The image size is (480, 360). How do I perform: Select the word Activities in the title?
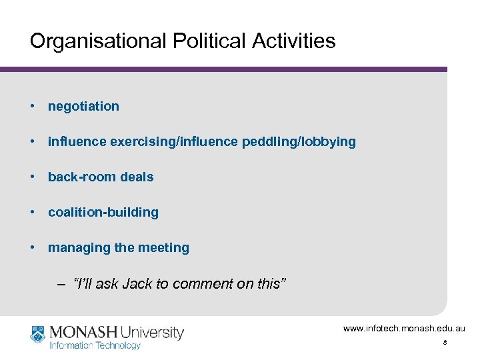pyautogui.click(x=294, y=41)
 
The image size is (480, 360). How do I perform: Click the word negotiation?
pyautogui.click(x=83, y=106)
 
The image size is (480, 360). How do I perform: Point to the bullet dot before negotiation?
pyautogui.click(x=32, y=106)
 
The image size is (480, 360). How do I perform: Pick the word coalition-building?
pyautogui.click(x=103, y=212)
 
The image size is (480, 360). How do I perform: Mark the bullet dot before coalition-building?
pyautogui.click(x=32, y=212)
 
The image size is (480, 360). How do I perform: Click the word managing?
pyautogui.click(x=71, y=248)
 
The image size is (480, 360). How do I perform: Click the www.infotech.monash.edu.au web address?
pyautogui.click(x=404, y=329)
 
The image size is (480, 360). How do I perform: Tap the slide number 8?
pyautogui.click(x=445, y=343)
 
